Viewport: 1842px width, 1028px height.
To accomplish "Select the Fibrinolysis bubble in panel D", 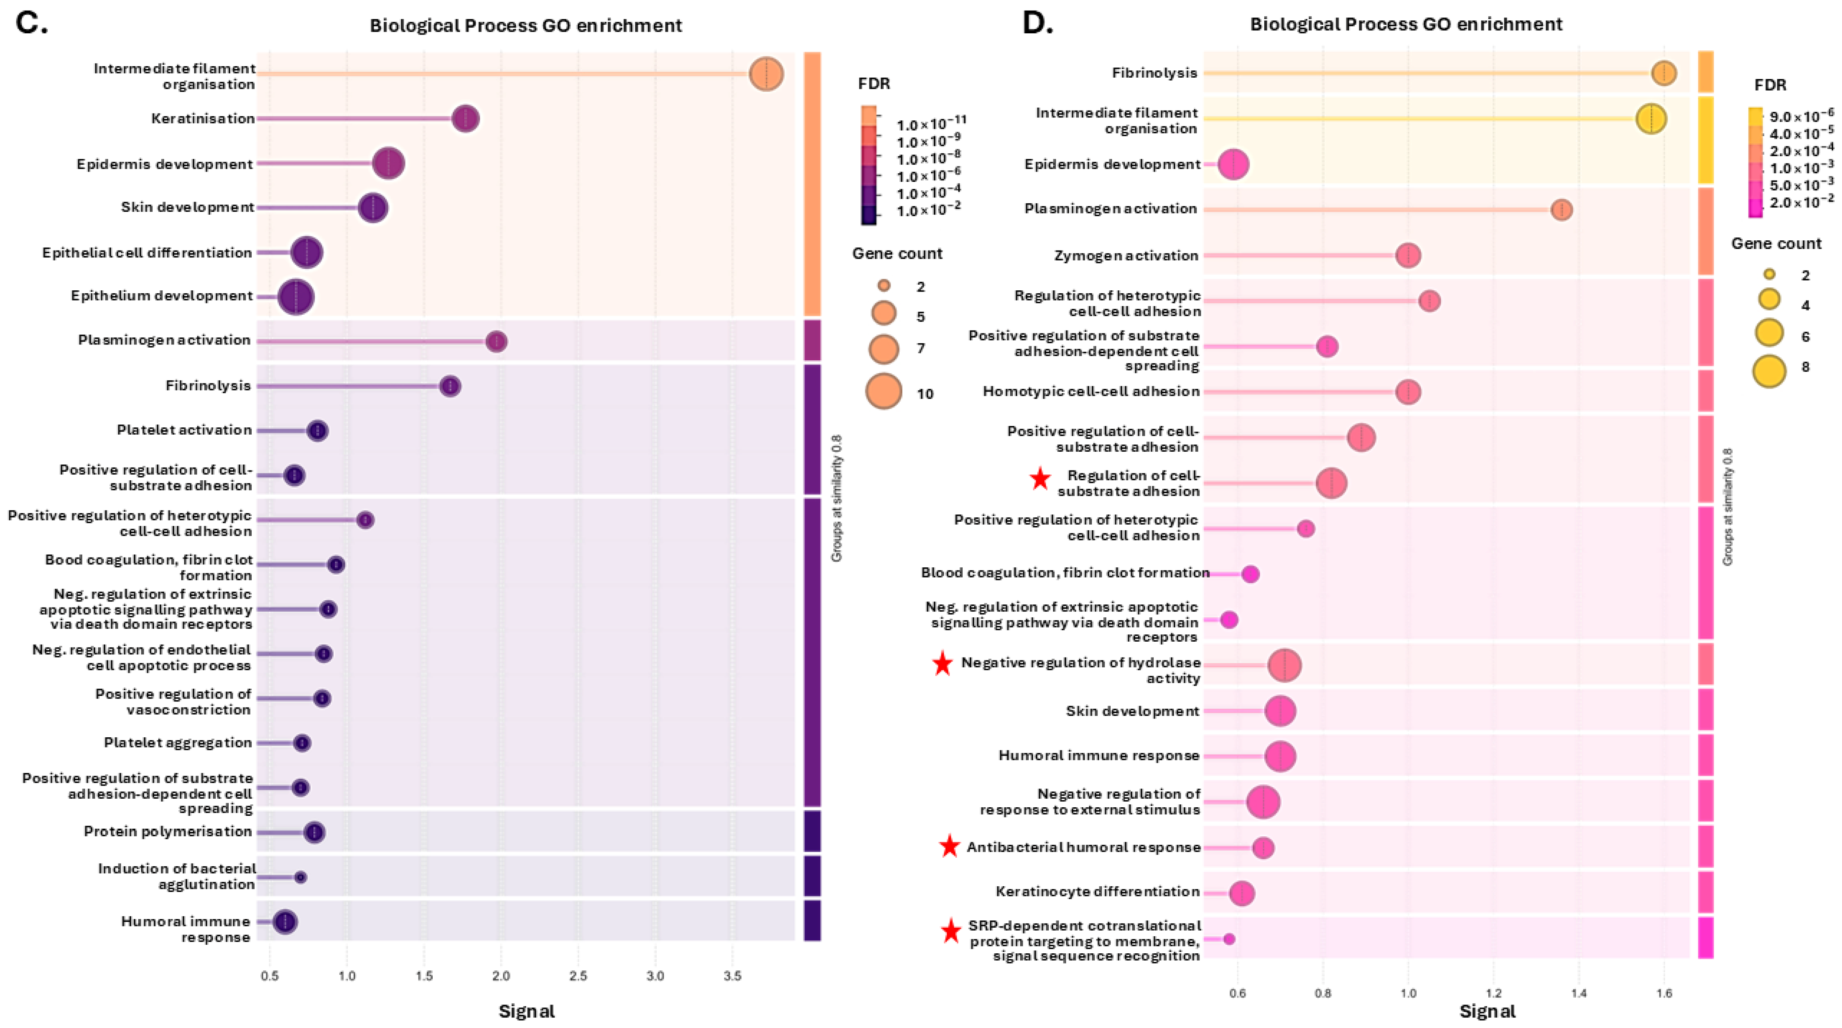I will pyautogui.click(x=1664, y=73).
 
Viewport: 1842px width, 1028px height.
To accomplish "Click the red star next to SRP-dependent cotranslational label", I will pyautogui.click(x=950, y=932).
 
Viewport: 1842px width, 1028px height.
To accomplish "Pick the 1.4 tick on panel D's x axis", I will pyautogui.click(x=1579, y=993).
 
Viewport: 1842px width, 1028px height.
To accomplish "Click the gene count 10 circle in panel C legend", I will pyautogui.click(x=884, y=391).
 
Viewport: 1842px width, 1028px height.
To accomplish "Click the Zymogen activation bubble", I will pyautogui.click(x=1408, y=255).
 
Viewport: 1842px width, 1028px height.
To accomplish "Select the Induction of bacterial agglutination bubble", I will pyautogui.click(x=300, y=877).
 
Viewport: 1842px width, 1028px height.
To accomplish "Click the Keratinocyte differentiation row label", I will pyautogui.click(x=1097, y=891).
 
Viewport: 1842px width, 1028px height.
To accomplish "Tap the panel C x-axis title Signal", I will pyautogui.click(x=526, y=1011).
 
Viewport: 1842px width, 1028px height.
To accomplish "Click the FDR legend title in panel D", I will pyautogui.click(x=1770, y=85).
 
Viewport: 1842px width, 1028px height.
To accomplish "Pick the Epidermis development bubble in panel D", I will pyautogui.click(x=1234, y=164).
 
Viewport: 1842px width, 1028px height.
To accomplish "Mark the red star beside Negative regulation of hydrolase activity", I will pyautogui.click(x=943, y=664).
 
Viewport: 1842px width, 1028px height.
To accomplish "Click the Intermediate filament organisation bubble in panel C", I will pyautogui.click(x=766, y=74).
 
